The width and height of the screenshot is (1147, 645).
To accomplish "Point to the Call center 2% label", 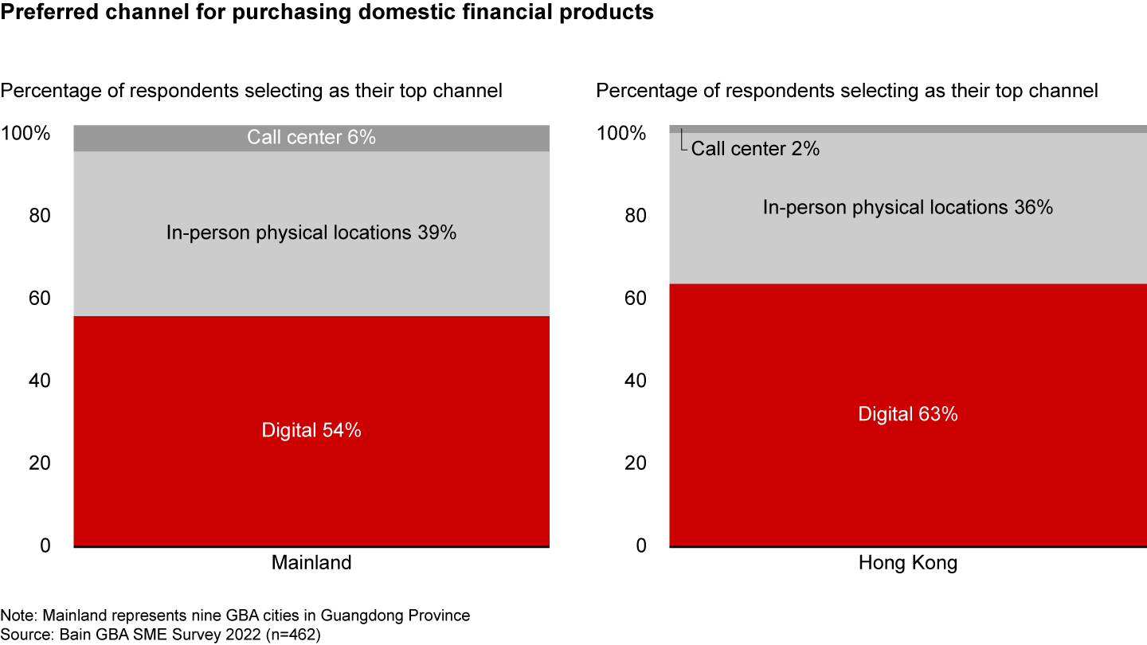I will coord(755,148).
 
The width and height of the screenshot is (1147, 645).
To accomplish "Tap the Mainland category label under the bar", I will coord(311,563).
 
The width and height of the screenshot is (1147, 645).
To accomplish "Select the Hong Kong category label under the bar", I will coord(907,563).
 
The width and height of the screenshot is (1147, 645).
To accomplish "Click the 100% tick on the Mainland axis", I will coord(25,133).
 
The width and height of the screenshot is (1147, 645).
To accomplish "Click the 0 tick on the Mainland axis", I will coord(45,545).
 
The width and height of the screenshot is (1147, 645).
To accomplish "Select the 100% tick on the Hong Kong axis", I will coord(621,133).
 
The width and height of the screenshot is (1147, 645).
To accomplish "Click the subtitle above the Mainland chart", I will coord(252,91).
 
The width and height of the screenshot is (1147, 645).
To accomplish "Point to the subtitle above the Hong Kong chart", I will coord(848,91).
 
